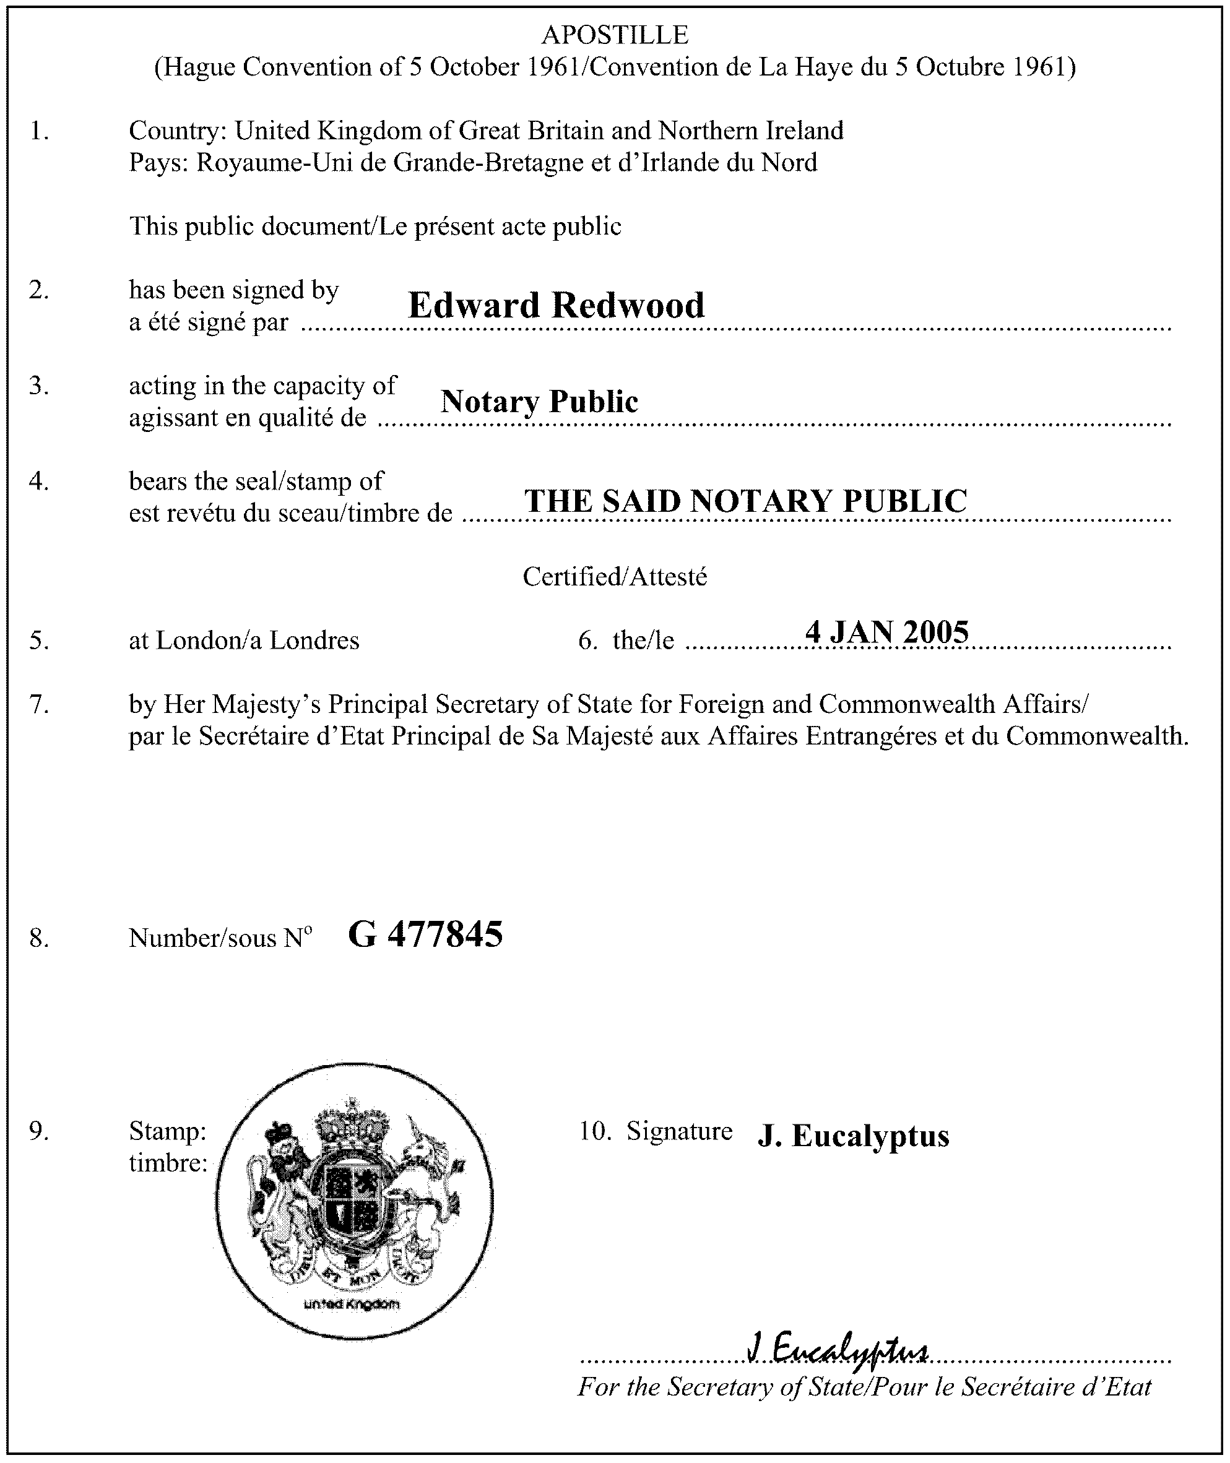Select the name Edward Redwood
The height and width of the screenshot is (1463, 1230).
click(x=556, y=305)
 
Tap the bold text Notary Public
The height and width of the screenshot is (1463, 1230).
click(x=539, y=401)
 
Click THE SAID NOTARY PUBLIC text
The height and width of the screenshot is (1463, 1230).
click(x=745, y=501)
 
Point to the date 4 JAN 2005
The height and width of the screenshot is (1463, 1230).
click(x=886, y=631)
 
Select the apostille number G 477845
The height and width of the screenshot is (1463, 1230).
click(x=425, y=934)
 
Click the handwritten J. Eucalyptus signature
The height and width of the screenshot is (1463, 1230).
click(x=837, y=1350)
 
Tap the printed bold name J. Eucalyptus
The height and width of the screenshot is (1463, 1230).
click(x=853, y=1136)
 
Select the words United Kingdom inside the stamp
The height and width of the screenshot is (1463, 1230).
click(x=353, y=1304)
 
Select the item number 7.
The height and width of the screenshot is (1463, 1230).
click(x=39, y=704)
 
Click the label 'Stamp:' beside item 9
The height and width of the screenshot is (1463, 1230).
click(x=167, y=1131)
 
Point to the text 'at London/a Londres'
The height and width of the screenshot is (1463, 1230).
click(x=244, y=640)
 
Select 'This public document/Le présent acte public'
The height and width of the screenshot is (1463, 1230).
click(x=375, y=226)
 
